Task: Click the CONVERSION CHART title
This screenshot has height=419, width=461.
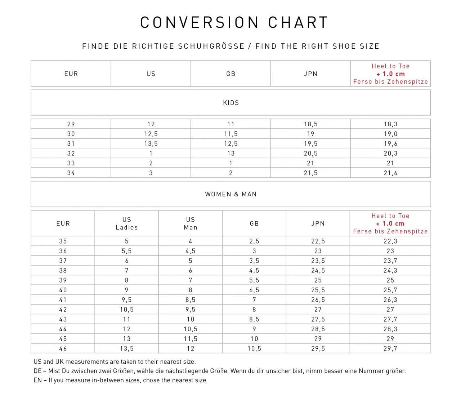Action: pyautogui.click(x=234, y=22)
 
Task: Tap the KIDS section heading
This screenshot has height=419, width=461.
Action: pyautogui.click(x=231, y=103)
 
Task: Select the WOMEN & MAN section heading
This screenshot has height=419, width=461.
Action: pyautogui.click(x=231, y=194)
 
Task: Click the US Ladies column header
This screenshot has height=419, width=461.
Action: pyautogui.click(x=126, y=223)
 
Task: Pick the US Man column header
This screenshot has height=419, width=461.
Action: pyautogui.click(x=191, y=223)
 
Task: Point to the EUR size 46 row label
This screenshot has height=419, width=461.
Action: pyautogui.click(x=63, y=349)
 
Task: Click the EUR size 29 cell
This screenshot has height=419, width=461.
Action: pyautogui.click(x=71, y=124)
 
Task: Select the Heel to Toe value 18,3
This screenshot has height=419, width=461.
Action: pyautogui.click(x=390, y=124)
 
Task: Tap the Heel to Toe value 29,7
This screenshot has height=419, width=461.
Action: pyautogui.click(x=390, y=349)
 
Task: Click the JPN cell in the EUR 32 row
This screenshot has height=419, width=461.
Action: pyautogui.click(x=310, y=153)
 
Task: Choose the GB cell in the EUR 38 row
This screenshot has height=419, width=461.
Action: pyautogui.click(x=254, y=271)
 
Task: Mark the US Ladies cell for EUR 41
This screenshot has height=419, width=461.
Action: pyautogui.click(x=126, y=300)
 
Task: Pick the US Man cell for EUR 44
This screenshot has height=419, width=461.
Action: pyautogui.click(x=191, y=329)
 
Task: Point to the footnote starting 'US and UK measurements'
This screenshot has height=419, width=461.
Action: pyautogui.click(x=115, y=362)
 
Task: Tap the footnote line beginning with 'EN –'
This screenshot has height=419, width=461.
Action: pyautogui.click(x=120, y=380)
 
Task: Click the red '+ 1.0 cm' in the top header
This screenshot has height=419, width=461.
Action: pyautogui.click(x=390, y=74)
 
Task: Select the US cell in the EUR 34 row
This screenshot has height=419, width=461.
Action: pyautogui.click(x=151, y=173)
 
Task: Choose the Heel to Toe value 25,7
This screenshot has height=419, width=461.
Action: pyautogui.click(x=390, y=290)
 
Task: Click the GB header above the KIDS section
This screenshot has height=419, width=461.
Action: pyautogui.click(x=231, y=74)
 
